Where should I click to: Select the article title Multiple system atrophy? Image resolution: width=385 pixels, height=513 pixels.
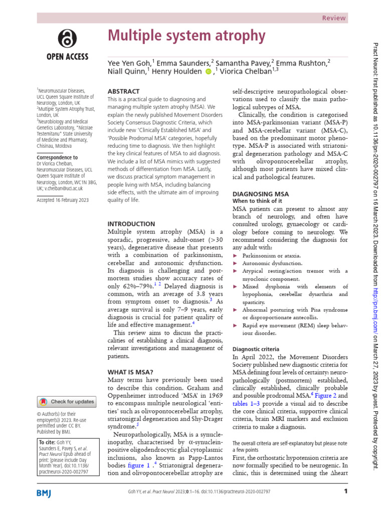(x=186, y=36)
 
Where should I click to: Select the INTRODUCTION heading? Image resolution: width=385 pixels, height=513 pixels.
(x=131, y=223)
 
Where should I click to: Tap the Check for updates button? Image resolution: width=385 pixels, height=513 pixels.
(x=66, y=401)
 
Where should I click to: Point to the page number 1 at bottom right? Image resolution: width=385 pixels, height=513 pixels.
(x=345, y=491)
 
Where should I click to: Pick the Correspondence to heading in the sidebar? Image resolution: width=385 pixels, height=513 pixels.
(x=57, y=157)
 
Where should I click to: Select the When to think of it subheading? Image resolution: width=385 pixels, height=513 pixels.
(x=256, y=200)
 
